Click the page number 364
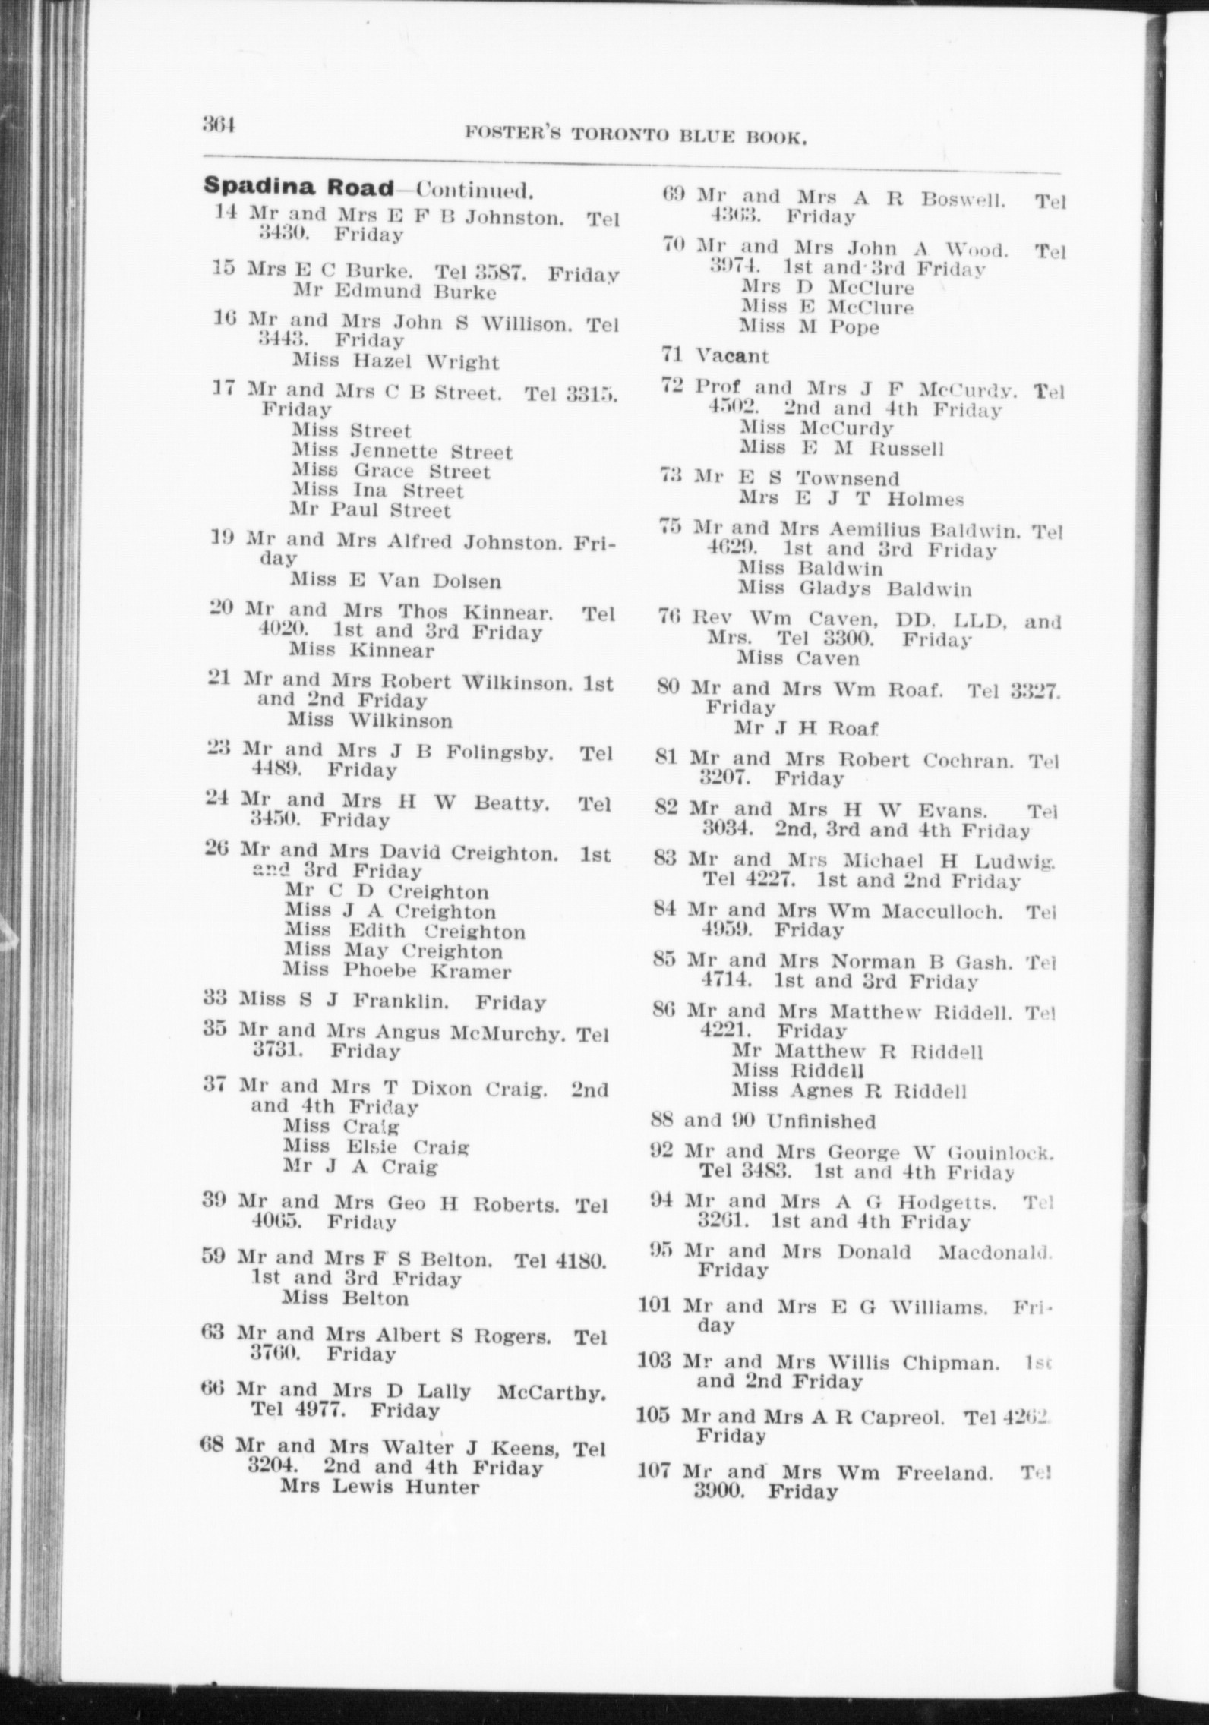click(219, 124)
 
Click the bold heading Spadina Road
click(298, 188)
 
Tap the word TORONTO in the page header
click(619, 136)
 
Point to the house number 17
click(223, 389)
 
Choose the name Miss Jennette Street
click(402, 452)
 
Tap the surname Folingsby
click(498, 752)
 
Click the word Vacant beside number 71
click(732, 355)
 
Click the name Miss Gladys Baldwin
click(854, 588)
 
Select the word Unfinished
click(820, 1121)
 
